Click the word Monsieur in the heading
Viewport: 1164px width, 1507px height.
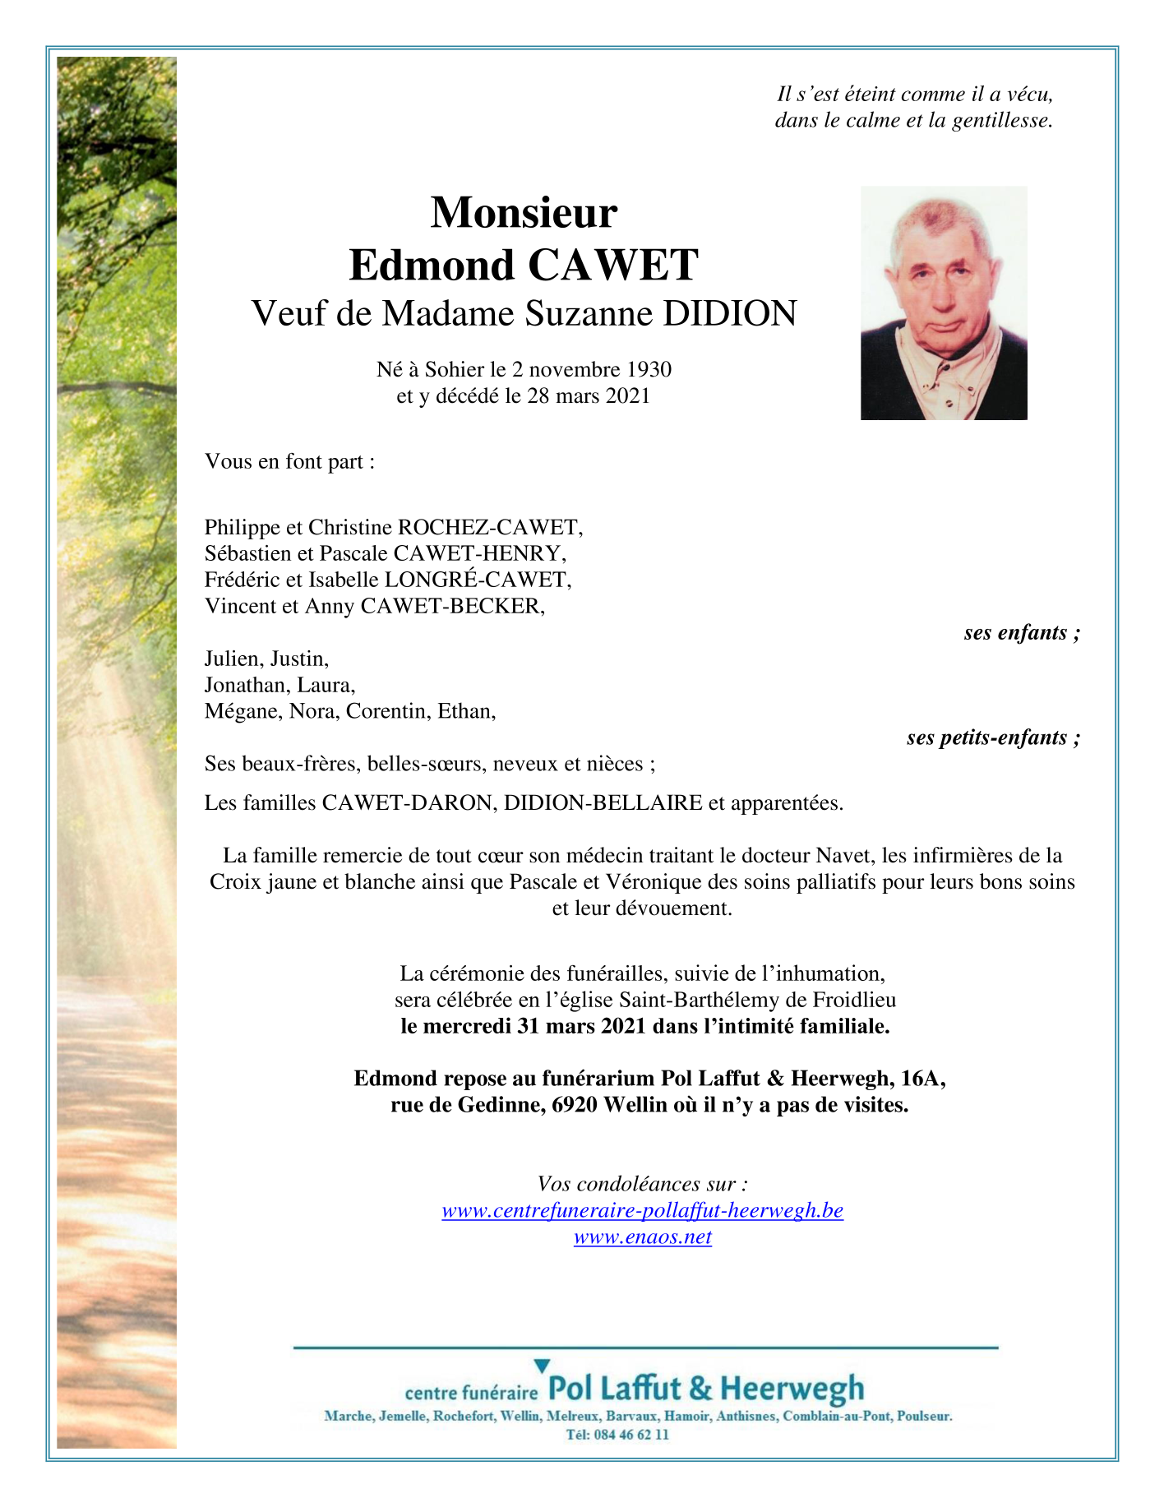524,212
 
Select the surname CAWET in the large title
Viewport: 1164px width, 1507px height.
612,265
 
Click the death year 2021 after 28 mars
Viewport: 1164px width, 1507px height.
628,396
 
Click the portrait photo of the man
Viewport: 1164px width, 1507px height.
943,303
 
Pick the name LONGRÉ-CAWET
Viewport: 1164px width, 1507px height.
478,580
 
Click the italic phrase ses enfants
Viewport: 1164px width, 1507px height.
1021,632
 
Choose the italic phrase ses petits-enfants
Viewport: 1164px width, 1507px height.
992,737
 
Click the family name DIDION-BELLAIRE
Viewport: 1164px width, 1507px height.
603,803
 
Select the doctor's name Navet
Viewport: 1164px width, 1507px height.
851,856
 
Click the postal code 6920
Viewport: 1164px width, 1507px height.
575,1105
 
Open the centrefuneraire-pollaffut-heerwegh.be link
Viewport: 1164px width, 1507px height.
642,1210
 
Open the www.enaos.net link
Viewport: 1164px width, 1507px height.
642,1237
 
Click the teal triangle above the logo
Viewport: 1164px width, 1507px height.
541,1366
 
